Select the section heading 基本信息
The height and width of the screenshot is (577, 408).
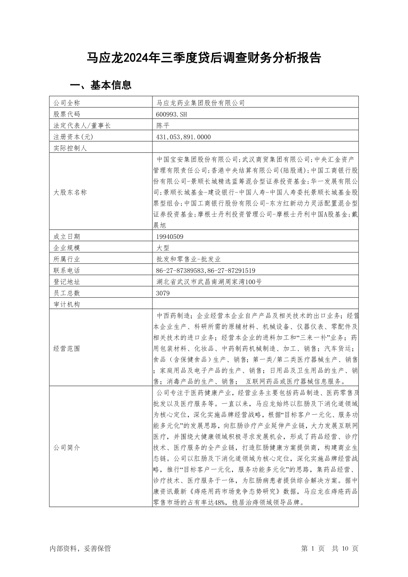tap(101, 85)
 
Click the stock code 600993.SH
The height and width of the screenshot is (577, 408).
tap(171, 114)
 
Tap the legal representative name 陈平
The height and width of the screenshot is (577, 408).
tap(163, 125)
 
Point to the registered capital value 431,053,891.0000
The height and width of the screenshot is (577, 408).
tap(183, 137)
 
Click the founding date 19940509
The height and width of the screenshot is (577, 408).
tap(170, 236)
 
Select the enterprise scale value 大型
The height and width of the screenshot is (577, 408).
tap(163, 248)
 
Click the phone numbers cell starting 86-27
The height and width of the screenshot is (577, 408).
tap(206, 270)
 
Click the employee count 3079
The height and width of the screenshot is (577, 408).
tap(163, 293)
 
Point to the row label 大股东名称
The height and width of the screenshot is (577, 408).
tap(70, 192)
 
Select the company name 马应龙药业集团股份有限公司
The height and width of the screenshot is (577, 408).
tap(200, 103)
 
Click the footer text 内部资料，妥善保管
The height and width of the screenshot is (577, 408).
tap(80, 549)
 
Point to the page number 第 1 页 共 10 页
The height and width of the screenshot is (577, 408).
tap(330, 549)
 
